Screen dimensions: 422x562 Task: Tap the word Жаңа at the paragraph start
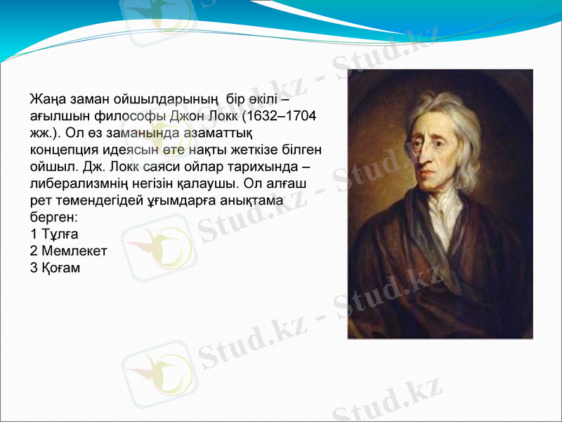(x=46, y=98)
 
